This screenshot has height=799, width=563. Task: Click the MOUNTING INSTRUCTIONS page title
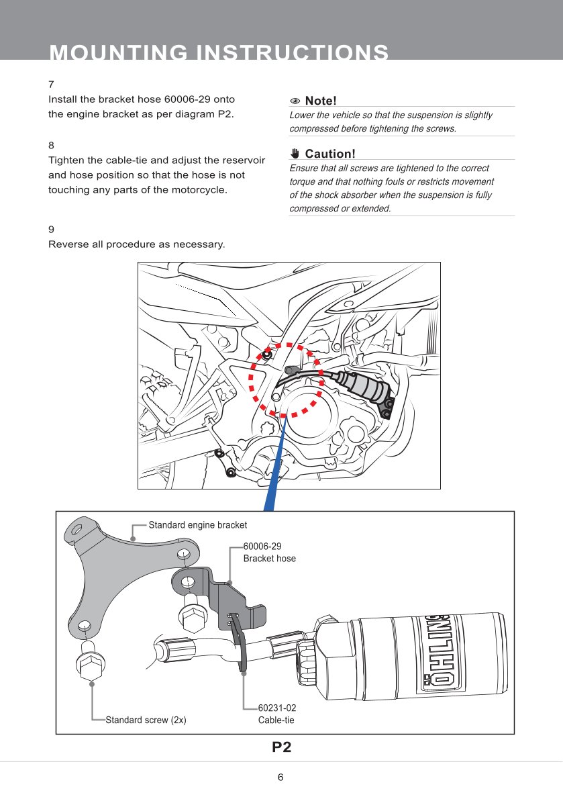[x=219, y=52]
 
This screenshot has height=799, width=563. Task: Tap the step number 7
[x=51, y=85]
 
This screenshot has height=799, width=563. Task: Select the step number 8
[x=51, y=145]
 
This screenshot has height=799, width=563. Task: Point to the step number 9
[x=51, y=229]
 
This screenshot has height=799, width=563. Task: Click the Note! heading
[x=320, y=101]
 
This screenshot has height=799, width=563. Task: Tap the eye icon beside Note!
[x=295, y=101]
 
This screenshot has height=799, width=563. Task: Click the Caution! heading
[x=329, y=154]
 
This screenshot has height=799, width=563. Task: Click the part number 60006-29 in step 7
[x=189, y=99]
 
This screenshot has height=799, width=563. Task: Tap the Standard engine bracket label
[x=197, y=525]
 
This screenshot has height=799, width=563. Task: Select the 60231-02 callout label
[x=276, y=708]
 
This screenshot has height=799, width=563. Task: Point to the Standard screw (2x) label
[x=146, y=720]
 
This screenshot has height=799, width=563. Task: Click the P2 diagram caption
[x=281, y=747]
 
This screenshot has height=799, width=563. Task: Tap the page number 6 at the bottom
[x=280, y=778]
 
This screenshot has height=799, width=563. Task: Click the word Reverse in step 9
[x=68, y=244]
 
